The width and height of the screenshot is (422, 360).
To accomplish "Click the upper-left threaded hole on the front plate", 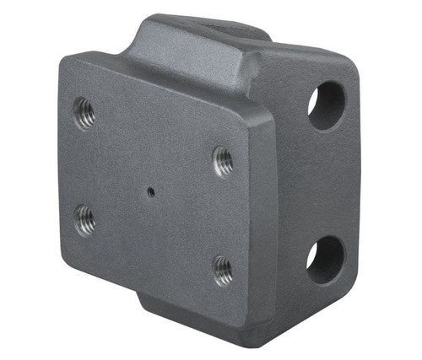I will [84, 113].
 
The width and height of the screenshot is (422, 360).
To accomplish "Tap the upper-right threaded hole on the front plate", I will [222, 159].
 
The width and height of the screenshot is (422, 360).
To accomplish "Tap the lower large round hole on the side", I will [325, 259].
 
